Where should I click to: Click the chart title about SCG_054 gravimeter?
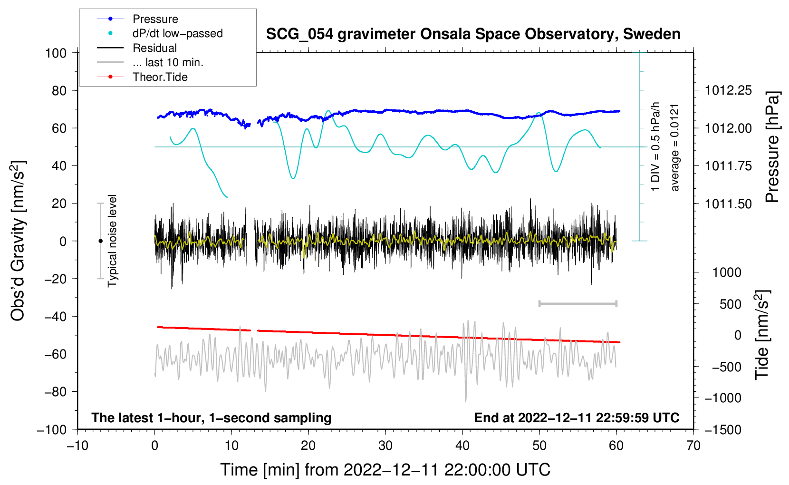coord(473,34)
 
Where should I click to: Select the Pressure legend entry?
coord(138,19)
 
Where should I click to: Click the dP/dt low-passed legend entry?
coord(160,33)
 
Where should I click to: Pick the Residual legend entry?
coord(137,48)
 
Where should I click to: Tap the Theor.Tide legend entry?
coord(142,77)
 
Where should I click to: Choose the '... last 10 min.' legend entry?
coord(150,62)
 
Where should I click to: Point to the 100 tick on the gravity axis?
coord(56,53)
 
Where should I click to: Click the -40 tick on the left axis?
coord(55,317)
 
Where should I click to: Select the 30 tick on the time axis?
coord(385,446)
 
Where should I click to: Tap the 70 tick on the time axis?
coord(693,446)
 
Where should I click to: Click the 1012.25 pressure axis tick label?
coord(728,91)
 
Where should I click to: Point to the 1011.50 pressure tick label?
coord(728,204)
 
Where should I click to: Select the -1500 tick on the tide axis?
coord(723,430)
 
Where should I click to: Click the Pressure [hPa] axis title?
coord(772,147)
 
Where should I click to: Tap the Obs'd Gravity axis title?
coord(18,241)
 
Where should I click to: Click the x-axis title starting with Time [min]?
coord(385,470)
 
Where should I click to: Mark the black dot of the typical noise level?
coord(100,241)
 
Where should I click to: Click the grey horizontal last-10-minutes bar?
coord(577,303)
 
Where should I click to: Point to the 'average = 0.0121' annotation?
coord(674,148)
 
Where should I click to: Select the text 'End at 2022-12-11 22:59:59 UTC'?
coord(577,417)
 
